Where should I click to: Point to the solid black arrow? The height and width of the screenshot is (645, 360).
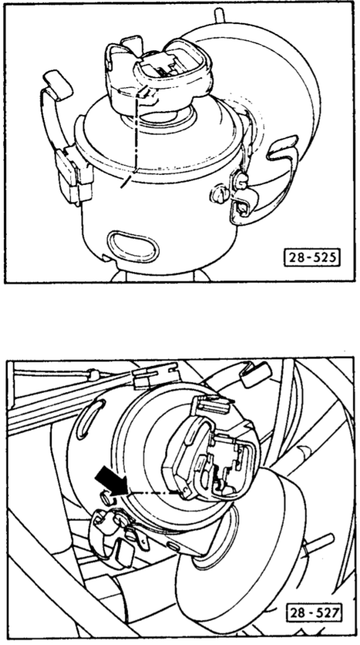(111, 483)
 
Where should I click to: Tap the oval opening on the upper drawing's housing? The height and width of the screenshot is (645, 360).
(133, 247)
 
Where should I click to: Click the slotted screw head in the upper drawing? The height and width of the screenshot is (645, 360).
(219, 195)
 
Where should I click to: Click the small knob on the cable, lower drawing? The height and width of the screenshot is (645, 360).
(94, 374)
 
